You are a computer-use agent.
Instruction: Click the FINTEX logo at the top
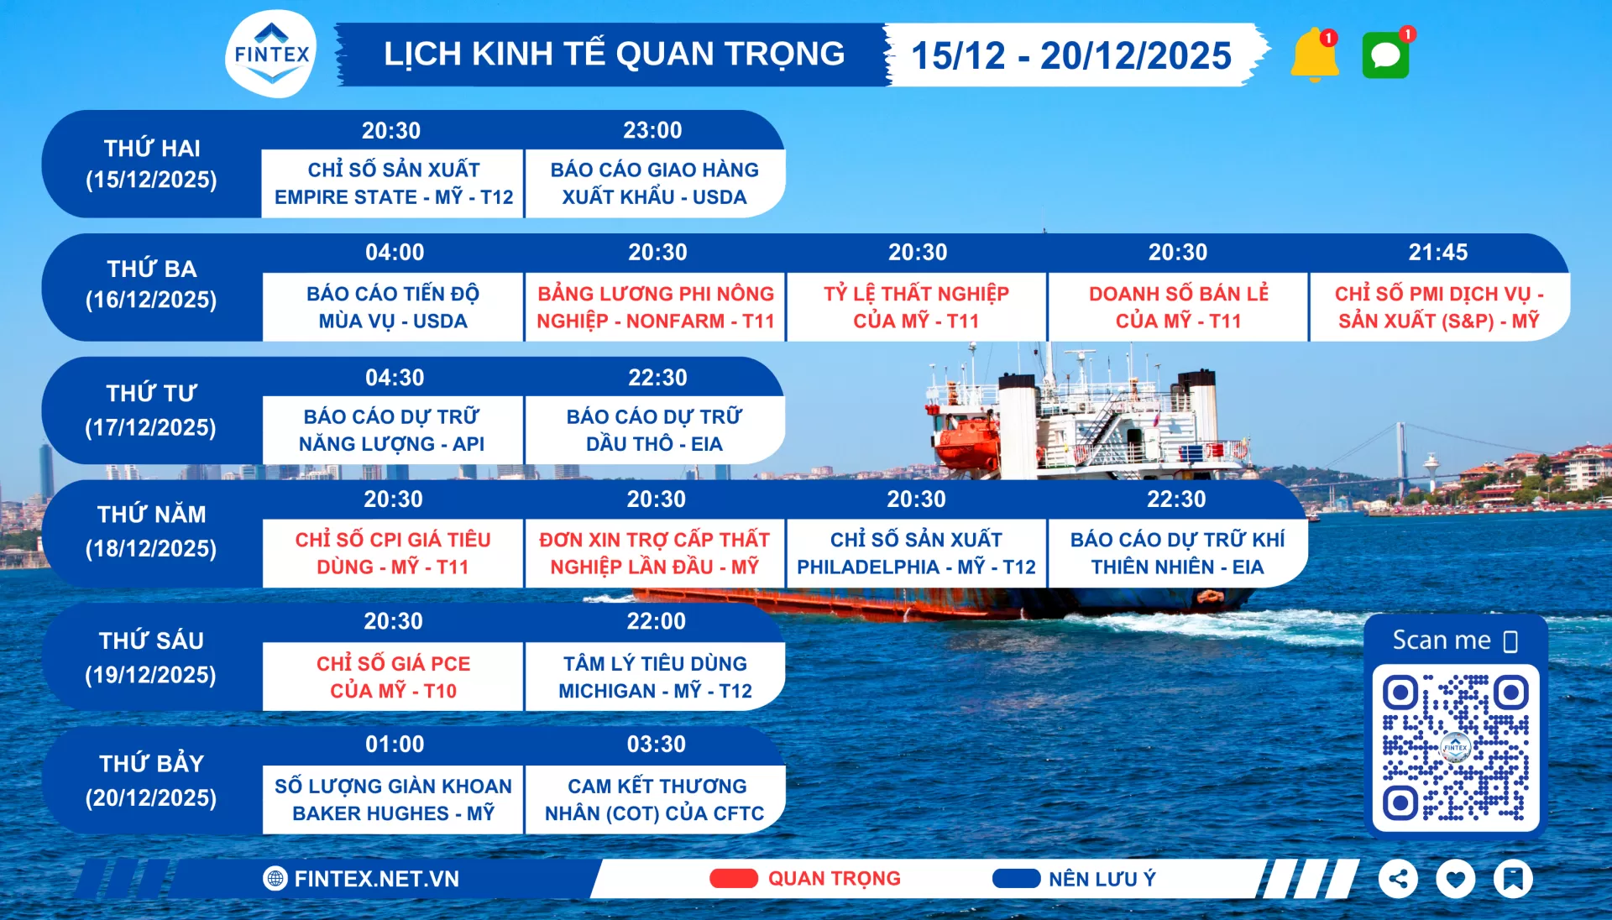click(271, 55)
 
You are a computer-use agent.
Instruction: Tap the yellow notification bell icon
click(1314, 55)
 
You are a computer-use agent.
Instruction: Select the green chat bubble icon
click(1385, 55)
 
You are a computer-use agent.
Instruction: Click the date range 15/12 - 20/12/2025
click(1070, 55)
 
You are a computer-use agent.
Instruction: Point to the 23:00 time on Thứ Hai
click(652, 130)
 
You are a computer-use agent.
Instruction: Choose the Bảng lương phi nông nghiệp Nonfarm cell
click(655, 307)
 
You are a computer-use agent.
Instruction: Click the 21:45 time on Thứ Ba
click(1438, 252)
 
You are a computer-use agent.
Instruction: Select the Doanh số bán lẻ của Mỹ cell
click(1178, 307)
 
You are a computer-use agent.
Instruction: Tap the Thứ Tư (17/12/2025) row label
click(151, 410)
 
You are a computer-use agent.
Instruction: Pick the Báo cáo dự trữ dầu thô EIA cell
click(655, 430)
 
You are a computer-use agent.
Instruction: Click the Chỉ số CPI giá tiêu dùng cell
click(393, 553)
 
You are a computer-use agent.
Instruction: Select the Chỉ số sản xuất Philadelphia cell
click(916, 553)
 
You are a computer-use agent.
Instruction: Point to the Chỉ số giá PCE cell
click(393, 677)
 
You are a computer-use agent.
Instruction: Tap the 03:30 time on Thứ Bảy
click(656, 744)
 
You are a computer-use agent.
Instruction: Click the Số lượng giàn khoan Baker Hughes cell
click(393, 799)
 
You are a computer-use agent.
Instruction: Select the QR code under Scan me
click(1455, 747)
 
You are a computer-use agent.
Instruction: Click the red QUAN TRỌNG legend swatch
click(733, 878)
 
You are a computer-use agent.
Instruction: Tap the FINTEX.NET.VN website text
click(376, 879)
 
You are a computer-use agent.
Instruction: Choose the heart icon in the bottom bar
click(1455, 879)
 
